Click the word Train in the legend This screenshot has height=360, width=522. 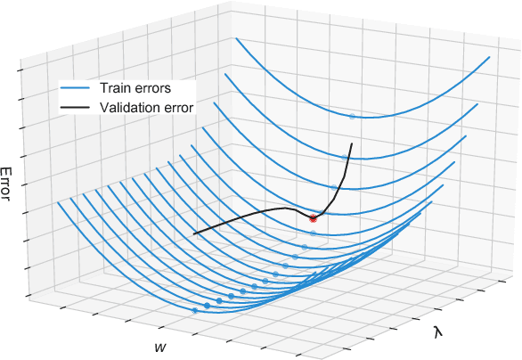(x=118, y=88)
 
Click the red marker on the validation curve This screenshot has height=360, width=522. (x=313, y=217)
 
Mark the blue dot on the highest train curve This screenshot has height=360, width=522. (x=352, y=116)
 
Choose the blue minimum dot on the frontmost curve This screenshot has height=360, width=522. (x=194, y=310)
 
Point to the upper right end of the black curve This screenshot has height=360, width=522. (x=352, y=143)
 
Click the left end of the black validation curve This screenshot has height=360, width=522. (x=194, y=233)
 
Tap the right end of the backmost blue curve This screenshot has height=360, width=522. (x=492, y=55)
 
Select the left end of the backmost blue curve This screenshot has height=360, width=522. (x=236, y=38)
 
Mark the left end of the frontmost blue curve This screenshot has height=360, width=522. (x=59, y=202)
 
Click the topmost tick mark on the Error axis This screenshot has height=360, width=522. (x=23, y=70)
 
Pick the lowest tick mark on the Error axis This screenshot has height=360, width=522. (x=29, y=294)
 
